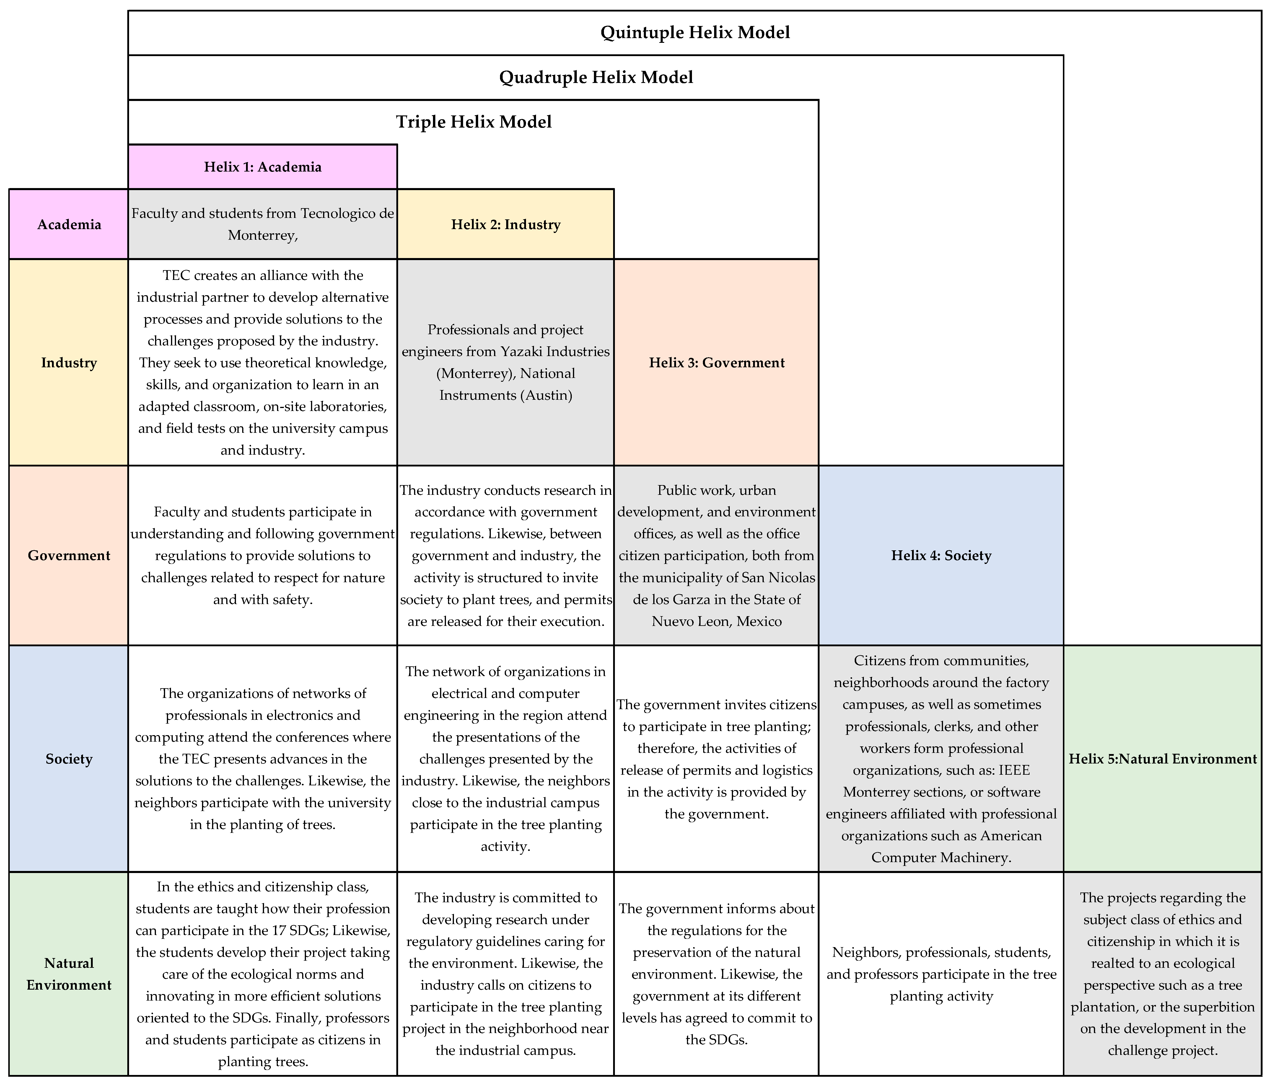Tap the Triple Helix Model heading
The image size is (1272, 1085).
473,122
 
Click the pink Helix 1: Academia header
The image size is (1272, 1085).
263,167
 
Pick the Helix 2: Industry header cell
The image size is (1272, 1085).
505,225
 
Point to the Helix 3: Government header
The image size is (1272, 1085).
716,363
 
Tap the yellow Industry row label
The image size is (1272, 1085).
69,363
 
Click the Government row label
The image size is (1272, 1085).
69,555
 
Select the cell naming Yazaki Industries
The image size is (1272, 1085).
505,363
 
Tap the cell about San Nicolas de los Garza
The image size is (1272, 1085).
716,555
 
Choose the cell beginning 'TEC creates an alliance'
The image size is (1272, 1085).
263,363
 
